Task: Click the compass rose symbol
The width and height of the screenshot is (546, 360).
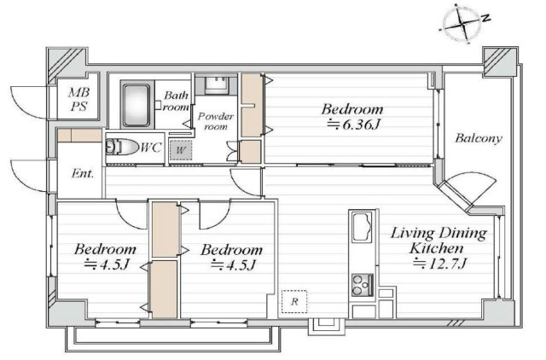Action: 462,24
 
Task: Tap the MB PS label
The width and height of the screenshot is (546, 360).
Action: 79,99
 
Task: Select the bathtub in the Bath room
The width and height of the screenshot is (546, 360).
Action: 136,104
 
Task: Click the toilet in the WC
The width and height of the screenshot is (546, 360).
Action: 121,147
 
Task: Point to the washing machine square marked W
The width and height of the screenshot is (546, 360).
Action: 180,150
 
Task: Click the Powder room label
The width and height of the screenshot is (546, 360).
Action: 216,120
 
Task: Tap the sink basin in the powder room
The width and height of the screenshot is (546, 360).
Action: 217,84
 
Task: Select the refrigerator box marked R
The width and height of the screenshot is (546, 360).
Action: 294,301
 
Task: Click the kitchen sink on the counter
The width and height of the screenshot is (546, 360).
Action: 362,227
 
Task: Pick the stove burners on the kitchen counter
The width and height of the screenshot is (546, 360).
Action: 362,285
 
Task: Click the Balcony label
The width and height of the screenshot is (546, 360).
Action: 479,138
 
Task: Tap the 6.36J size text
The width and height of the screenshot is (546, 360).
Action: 353,124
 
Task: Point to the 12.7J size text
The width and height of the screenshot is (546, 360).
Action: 439,264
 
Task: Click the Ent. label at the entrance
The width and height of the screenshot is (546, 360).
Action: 83,173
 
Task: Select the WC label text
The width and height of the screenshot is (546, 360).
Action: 151,148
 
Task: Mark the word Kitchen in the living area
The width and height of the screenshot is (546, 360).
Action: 436,248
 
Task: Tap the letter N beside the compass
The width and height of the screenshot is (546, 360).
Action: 486,17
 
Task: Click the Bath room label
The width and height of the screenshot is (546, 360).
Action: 177,101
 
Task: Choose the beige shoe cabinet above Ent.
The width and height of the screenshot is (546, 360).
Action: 79,135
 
